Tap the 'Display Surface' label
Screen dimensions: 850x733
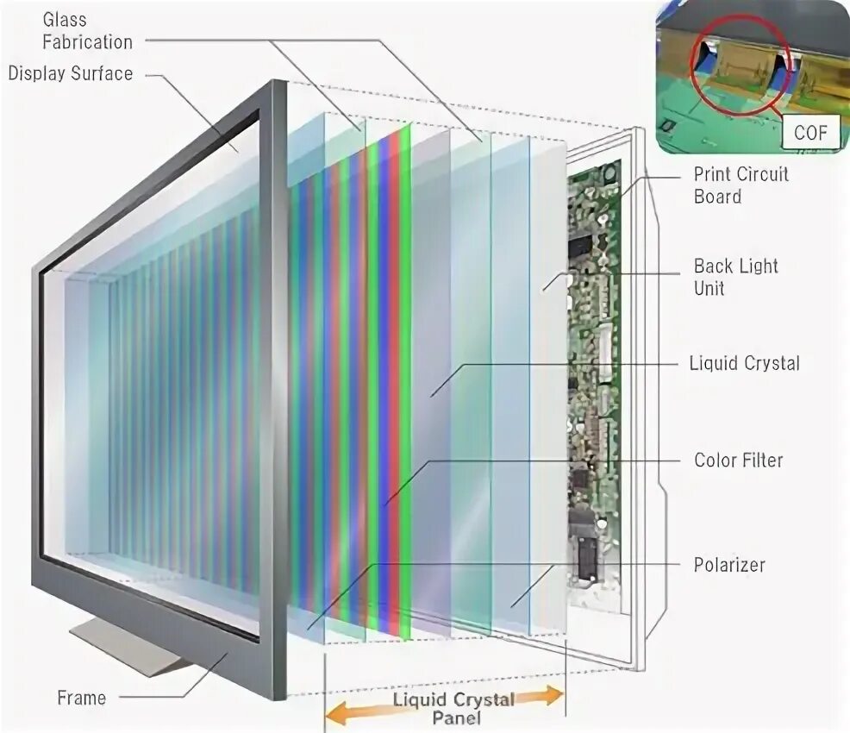[71, 73]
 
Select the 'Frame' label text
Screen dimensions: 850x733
[82, 698]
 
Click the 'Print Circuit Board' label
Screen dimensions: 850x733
[741, 185]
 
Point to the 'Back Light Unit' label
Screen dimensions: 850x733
[735, 276]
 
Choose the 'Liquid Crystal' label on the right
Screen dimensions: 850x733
[744, 363]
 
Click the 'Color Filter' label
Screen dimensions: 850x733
[738, 460]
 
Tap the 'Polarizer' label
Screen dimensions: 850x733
[729, 566]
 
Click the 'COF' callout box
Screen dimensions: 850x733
[809, 134]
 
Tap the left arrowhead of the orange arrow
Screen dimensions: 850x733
[334, 713]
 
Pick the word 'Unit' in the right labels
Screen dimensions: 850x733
[709, 288]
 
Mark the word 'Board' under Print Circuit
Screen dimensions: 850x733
[717, 197]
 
